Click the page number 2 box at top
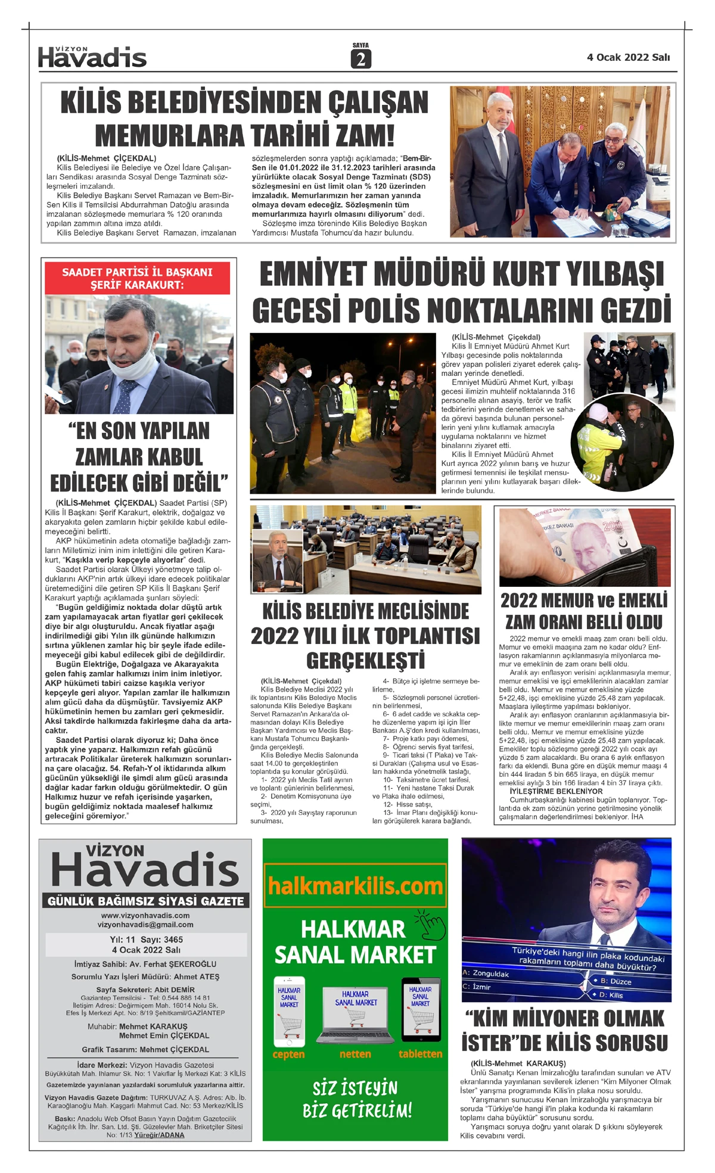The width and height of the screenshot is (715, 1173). click(360, 59)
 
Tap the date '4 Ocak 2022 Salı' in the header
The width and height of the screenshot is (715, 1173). click(628, 57)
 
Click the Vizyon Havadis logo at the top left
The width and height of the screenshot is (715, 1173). click(92, 57)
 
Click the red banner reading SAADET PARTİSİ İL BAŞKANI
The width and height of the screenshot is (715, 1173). click(137, 278)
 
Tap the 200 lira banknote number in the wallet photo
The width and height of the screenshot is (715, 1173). click(612, 526)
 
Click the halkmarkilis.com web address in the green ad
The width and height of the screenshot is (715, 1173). click(355, 886)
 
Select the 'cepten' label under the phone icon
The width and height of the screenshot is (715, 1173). click(289, 1054)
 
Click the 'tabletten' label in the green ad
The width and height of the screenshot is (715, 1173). click(420, 1054)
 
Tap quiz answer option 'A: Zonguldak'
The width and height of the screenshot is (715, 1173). click(486, 973)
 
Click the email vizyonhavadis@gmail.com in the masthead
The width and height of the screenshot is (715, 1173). click(145, 925)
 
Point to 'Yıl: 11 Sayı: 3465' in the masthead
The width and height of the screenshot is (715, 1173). click(146, 939)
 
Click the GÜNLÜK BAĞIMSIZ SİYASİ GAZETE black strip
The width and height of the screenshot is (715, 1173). click(145, 901)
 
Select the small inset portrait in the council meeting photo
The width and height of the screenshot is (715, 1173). click(277, 561)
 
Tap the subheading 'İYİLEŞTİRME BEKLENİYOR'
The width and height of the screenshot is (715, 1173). click(548, 791)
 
